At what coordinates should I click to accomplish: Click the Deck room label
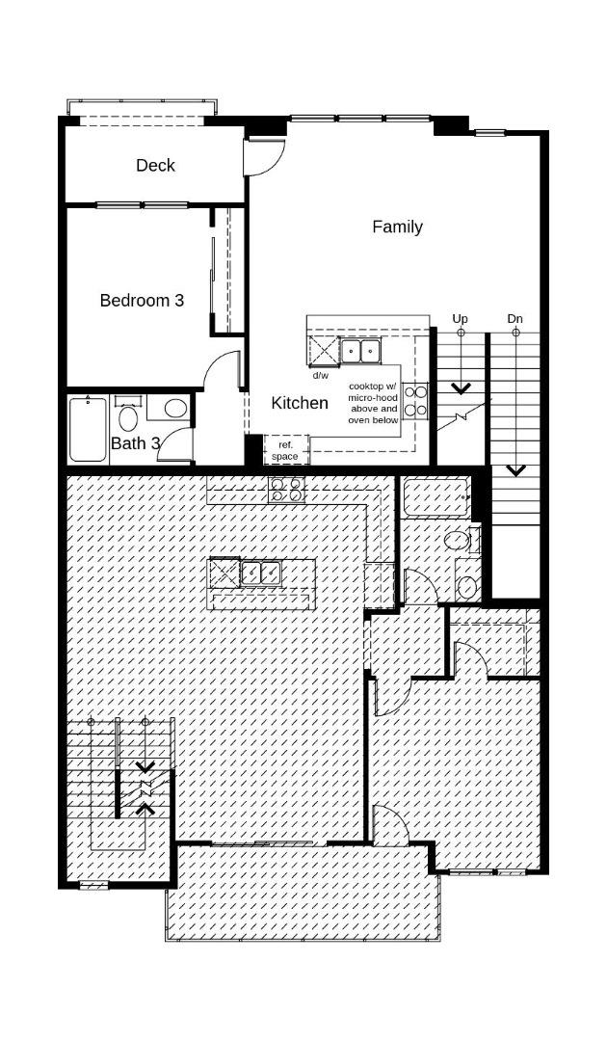(155, 166)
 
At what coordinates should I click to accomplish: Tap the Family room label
(397, 227)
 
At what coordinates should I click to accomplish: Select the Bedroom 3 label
(142, 300)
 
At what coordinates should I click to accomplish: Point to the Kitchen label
(300, 403)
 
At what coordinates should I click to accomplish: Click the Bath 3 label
(135, 443)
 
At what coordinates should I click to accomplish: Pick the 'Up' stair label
(460, 319)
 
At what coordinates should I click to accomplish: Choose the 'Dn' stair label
(515, 319)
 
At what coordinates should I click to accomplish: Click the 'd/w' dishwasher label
(321, 375)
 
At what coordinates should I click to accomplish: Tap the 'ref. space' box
(285, 450)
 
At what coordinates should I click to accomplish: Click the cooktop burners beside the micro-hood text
(416, 402)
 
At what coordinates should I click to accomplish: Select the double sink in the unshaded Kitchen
(360, 350)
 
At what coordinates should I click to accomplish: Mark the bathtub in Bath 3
(89, 429)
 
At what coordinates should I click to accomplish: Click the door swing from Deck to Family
(265, 158)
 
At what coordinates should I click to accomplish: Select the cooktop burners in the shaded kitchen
(286, 490)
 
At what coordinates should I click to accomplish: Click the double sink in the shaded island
(261, 573)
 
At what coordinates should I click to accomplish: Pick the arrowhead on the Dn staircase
(515, 470)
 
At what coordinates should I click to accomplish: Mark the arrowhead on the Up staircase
(460, 387)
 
